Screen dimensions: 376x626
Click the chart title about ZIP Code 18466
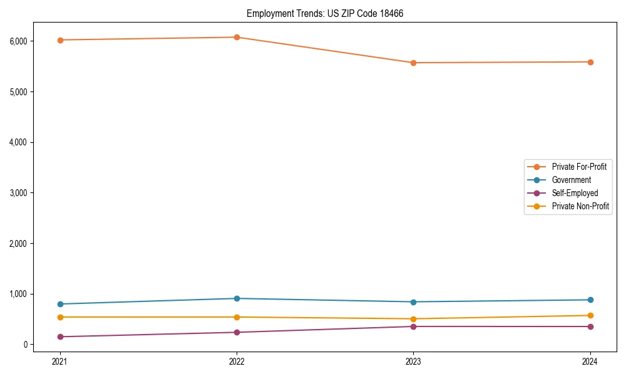pyautogui.click(x=325, y=13)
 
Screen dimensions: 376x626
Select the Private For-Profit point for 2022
pyautogui.click(x=237, y=37)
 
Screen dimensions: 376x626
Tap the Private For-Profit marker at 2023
pyautogui.click(x=413, y=63)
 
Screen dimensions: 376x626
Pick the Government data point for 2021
pyautogui.click(x=60, y=304)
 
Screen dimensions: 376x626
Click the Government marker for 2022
pyautogui.click(x=237, y=298)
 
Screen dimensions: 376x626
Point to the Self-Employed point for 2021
pyautogui.click(x=60, y=337)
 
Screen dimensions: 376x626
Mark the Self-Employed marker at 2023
pyautogui.click(x=413, y=326)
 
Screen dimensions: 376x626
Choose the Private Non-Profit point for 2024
pyautogui.click(x=590, y=315)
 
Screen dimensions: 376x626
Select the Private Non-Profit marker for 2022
pyautogui.click(x=237, y=317)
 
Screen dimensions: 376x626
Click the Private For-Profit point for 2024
pyautogui.click(x=590, y=62)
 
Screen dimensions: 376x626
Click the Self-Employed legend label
pyautogui.click(x=575, y=193)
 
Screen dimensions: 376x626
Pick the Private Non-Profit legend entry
pyautogui.click(x=580, y=206)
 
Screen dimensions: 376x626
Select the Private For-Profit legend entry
pyautogui.click(x=578, y=167)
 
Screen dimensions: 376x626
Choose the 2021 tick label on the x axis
pyautogui.click(x=60, y=361)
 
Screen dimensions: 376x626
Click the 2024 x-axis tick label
pyautogui.click(x=590, y=361)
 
